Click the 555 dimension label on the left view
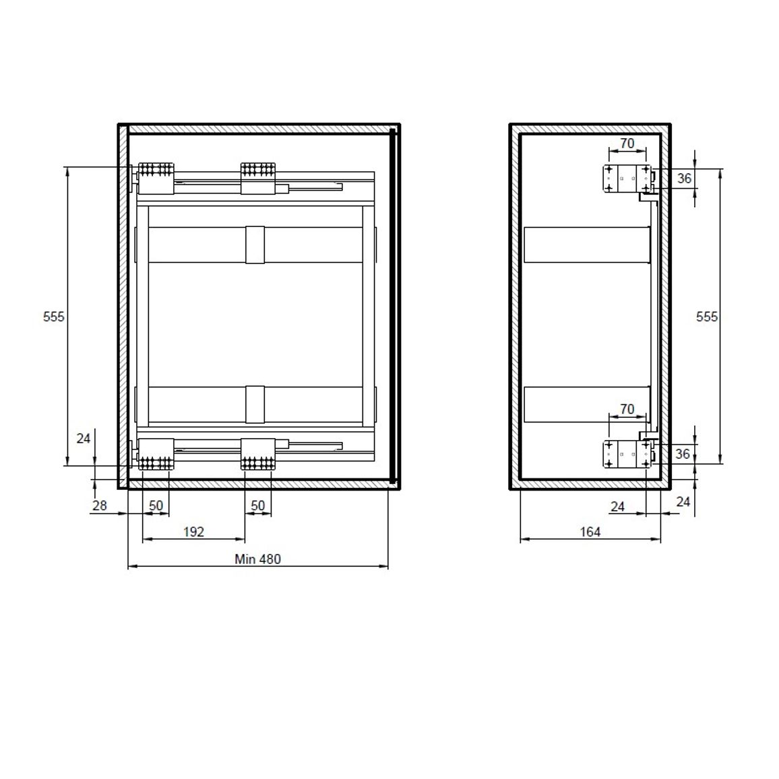point(54,317)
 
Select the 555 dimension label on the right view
point(706,317)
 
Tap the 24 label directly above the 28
point(84,438)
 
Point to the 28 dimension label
point(99,505)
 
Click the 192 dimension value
point(194,532)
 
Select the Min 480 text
point(258,559)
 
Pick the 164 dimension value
point(590,532)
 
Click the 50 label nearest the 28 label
point(156,505)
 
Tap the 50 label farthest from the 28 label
point(258,505)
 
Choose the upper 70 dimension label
point(627,143)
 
